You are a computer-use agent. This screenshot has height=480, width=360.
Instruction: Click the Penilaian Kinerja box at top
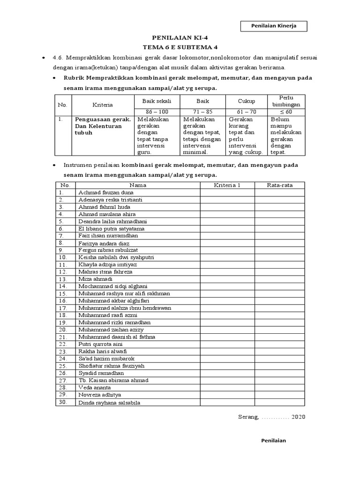pyautogui.click(x=274, y=26)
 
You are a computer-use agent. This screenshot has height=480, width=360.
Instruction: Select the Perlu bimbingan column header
pyautogui.click(x=285, y=101)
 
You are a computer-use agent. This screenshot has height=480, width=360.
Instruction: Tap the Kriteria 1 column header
pyautogui.click(x=227, y=185)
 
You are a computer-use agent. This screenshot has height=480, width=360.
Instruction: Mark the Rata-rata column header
pyautogui.click(x=280, y=185)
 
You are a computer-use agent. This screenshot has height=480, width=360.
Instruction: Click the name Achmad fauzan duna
pyautogui.click(x=106, y=192)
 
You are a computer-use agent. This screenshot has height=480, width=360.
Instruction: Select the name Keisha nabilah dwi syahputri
pyautogui.click(x=116, y=257)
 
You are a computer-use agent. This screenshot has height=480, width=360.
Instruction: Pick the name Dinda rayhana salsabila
pyautogui.click(x=109, y=402)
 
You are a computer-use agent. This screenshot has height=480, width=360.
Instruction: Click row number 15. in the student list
pyautogui.click(x=64, y=293)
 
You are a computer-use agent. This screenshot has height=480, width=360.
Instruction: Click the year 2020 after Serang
pyautogui.click(x=298, y=417)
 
